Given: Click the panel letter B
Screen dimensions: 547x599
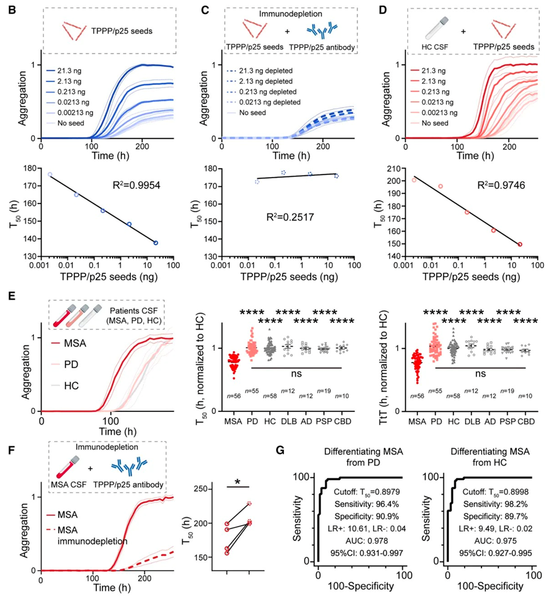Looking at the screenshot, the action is click(12, 9).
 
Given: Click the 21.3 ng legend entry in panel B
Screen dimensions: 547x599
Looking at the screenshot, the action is click(64, 71).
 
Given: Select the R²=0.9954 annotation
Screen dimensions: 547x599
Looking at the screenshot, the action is click(136, 185).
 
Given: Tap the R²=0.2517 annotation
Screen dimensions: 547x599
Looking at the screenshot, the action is click(290, 217).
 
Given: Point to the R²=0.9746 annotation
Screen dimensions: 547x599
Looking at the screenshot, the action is click(501, 185).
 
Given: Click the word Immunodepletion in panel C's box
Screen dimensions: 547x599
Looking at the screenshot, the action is click(291, 14).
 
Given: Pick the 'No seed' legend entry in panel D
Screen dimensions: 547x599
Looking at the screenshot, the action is click(435, 123).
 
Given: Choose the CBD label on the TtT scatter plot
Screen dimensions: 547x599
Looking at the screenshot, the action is click(526, 421).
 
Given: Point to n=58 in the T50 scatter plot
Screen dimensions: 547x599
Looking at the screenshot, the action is click(270, 396).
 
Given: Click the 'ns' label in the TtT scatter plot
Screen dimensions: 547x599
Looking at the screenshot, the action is click(480, 374).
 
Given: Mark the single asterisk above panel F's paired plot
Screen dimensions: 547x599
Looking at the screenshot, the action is click(238, 482).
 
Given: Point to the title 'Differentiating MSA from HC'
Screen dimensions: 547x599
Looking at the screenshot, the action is click(490, 457).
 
